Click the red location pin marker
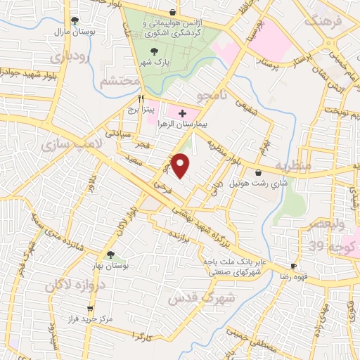click(x=181, y=166)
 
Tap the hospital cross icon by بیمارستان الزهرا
click(x=183, y=112)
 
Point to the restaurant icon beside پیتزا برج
click(x=141, y=99)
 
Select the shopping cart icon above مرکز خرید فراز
click(x=90, y=309)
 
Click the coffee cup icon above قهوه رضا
click(x=294, y=266)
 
